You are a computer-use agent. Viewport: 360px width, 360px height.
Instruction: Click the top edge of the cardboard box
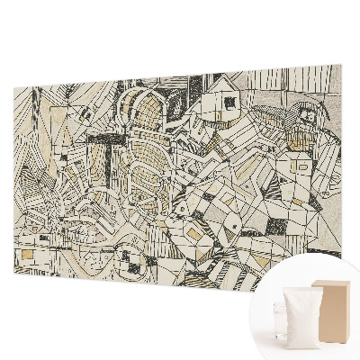(x=331, y=282)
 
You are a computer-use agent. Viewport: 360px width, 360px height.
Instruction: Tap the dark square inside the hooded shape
(x=309, y=114)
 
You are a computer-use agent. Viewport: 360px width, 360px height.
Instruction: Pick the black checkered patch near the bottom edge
(x=135, y=266)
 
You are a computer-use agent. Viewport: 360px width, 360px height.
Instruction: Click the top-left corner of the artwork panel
(x=13, y=86)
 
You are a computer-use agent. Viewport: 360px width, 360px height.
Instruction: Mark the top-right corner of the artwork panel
(x=341, y=65)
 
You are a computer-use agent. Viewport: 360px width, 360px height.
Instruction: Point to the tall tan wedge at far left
(x=26, y=171)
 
